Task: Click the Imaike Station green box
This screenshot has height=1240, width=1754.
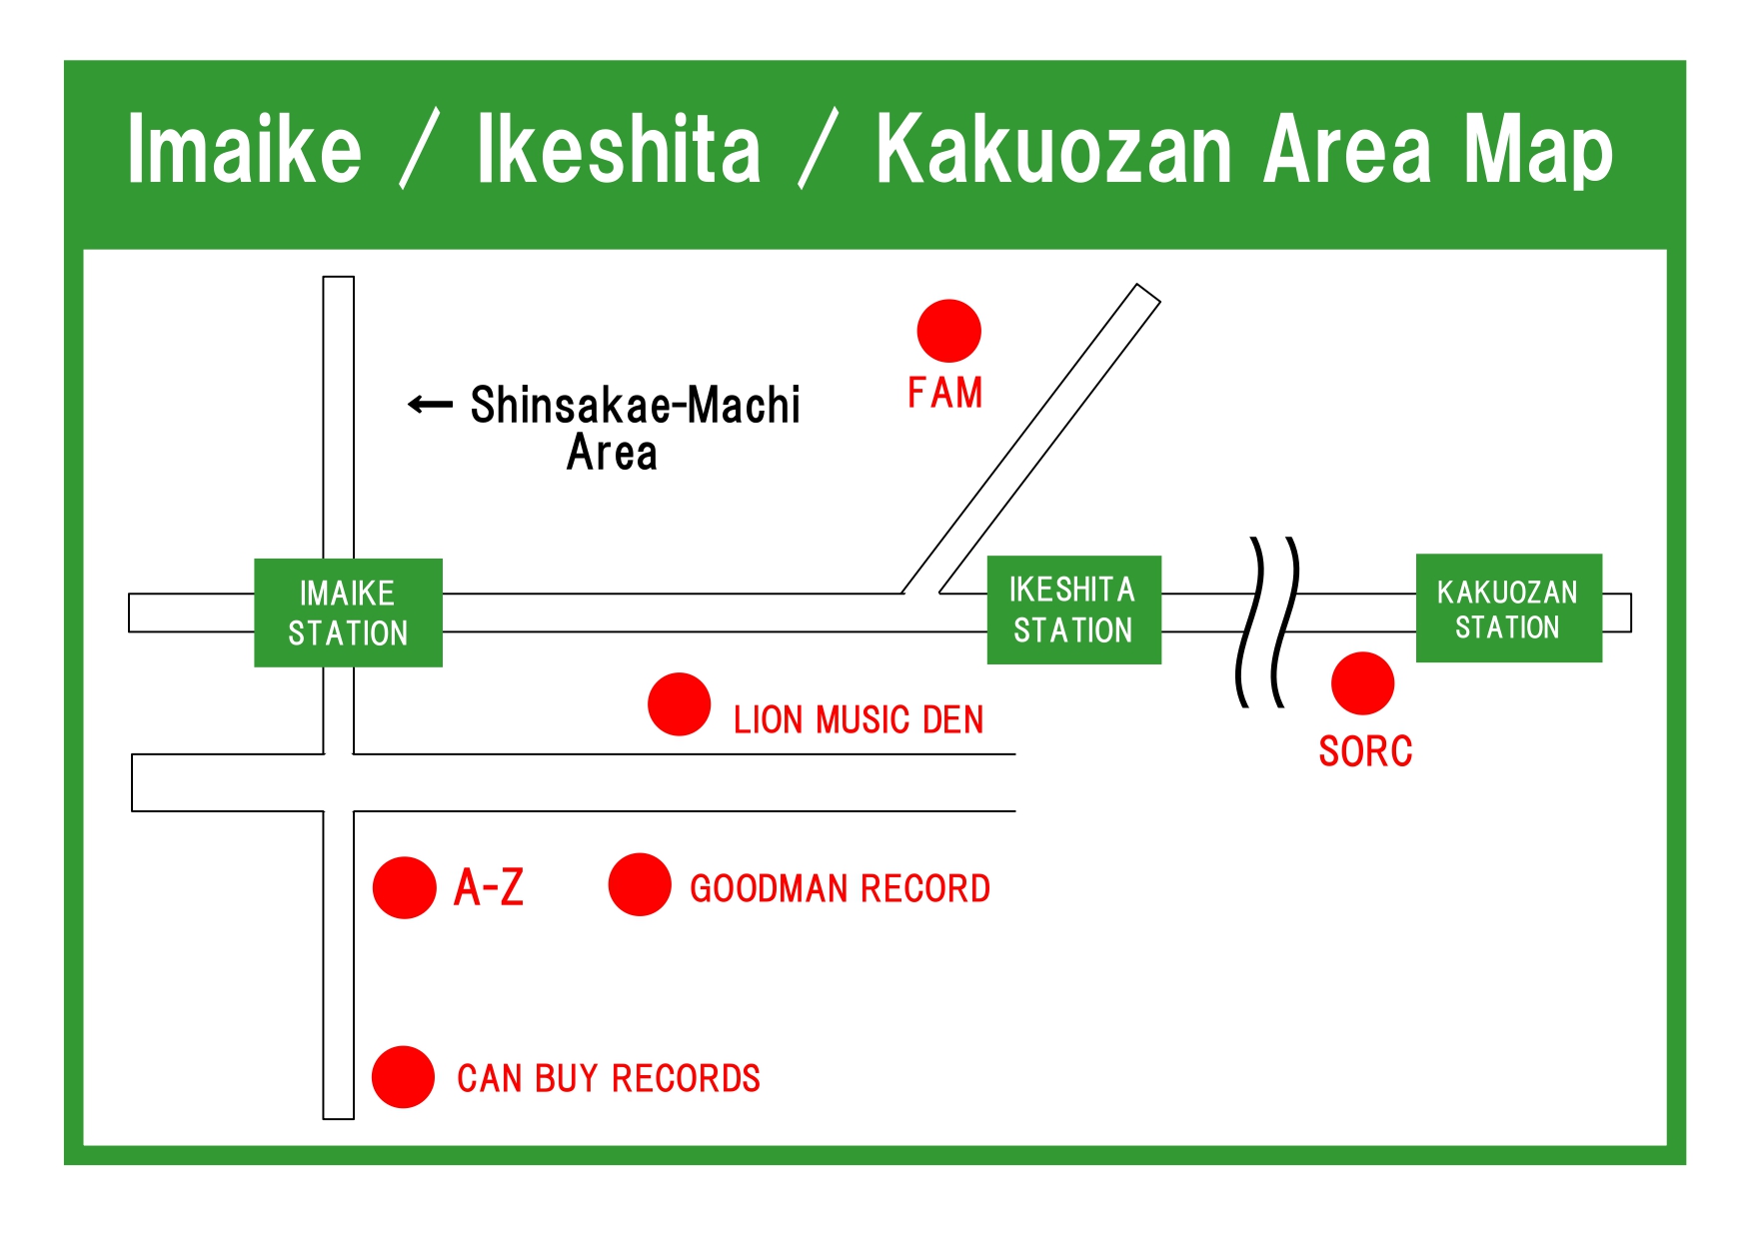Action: click(x=348, y=613)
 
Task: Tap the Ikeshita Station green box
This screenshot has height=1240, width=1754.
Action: click(x=1074, y=610)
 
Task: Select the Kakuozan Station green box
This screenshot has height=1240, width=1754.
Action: click(x=1509, y=608)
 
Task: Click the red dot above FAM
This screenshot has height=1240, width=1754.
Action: click(x=948, y=331)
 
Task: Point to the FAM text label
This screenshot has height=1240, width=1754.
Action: click(x=945, y=393)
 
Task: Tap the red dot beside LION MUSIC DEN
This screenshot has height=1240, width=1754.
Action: click(x=679, y=703)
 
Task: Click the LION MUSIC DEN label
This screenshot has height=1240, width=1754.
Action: click(x=859, y=719)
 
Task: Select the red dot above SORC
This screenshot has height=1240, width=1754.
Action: click(x=1362, y=683)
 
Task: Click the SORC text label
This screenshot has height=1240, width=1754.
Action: click(x=1365, y=751)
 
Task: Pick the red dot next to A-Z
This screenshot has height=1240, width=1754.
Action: click(x=405, y=887)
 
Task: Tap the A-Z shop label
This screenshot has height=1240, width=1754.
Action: click(x=489, y=887)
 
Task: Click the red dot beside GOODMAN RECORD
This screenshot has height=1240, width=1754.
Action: click(x=640, y=884)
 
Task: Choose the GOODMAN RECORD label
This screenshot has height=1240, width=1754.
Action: click(x=841, y=888)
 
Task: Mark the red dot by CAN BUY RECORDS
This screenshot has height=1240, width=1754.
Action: click(x=403, y=1077)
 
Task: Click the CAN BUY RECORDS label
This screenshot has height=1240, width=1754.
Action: click(x=609, y=1078)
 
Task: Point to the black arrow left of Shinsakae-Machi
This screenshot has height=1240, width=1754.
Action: click(x=431, y=405)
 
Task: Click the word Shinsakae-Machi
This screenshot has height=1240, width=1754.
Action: click(x=636, y=405)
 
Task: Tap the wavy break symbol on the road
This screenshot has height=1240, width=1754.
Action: click(x=1268, y=621)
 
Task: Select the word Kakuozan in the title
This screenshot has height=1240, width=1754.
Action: click(x=1054, y=150)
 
